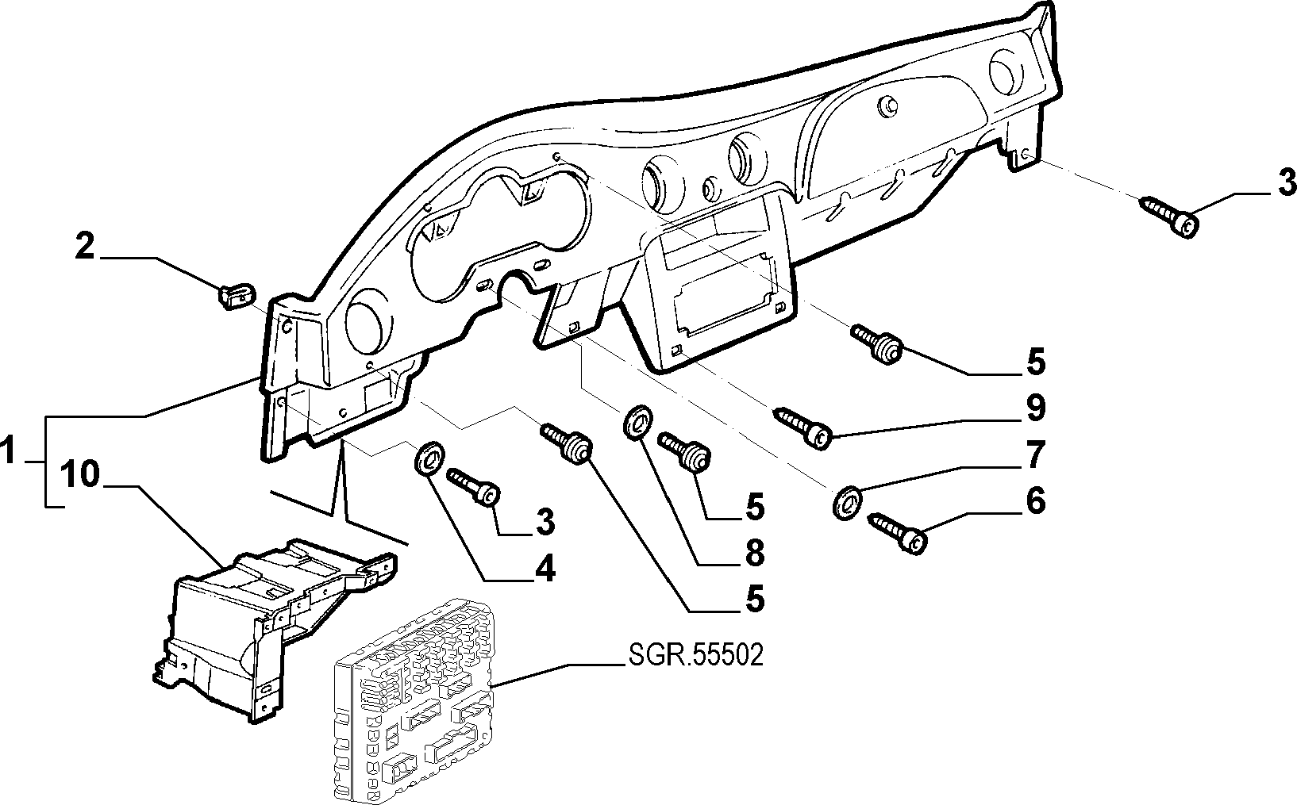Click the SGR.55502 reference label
pos(695,656)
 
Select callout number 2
pos(85,247)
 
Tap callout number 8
pos(754,553)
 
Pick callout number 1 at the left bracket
pos(7,450)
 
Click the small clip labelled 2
pos(237,294)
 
